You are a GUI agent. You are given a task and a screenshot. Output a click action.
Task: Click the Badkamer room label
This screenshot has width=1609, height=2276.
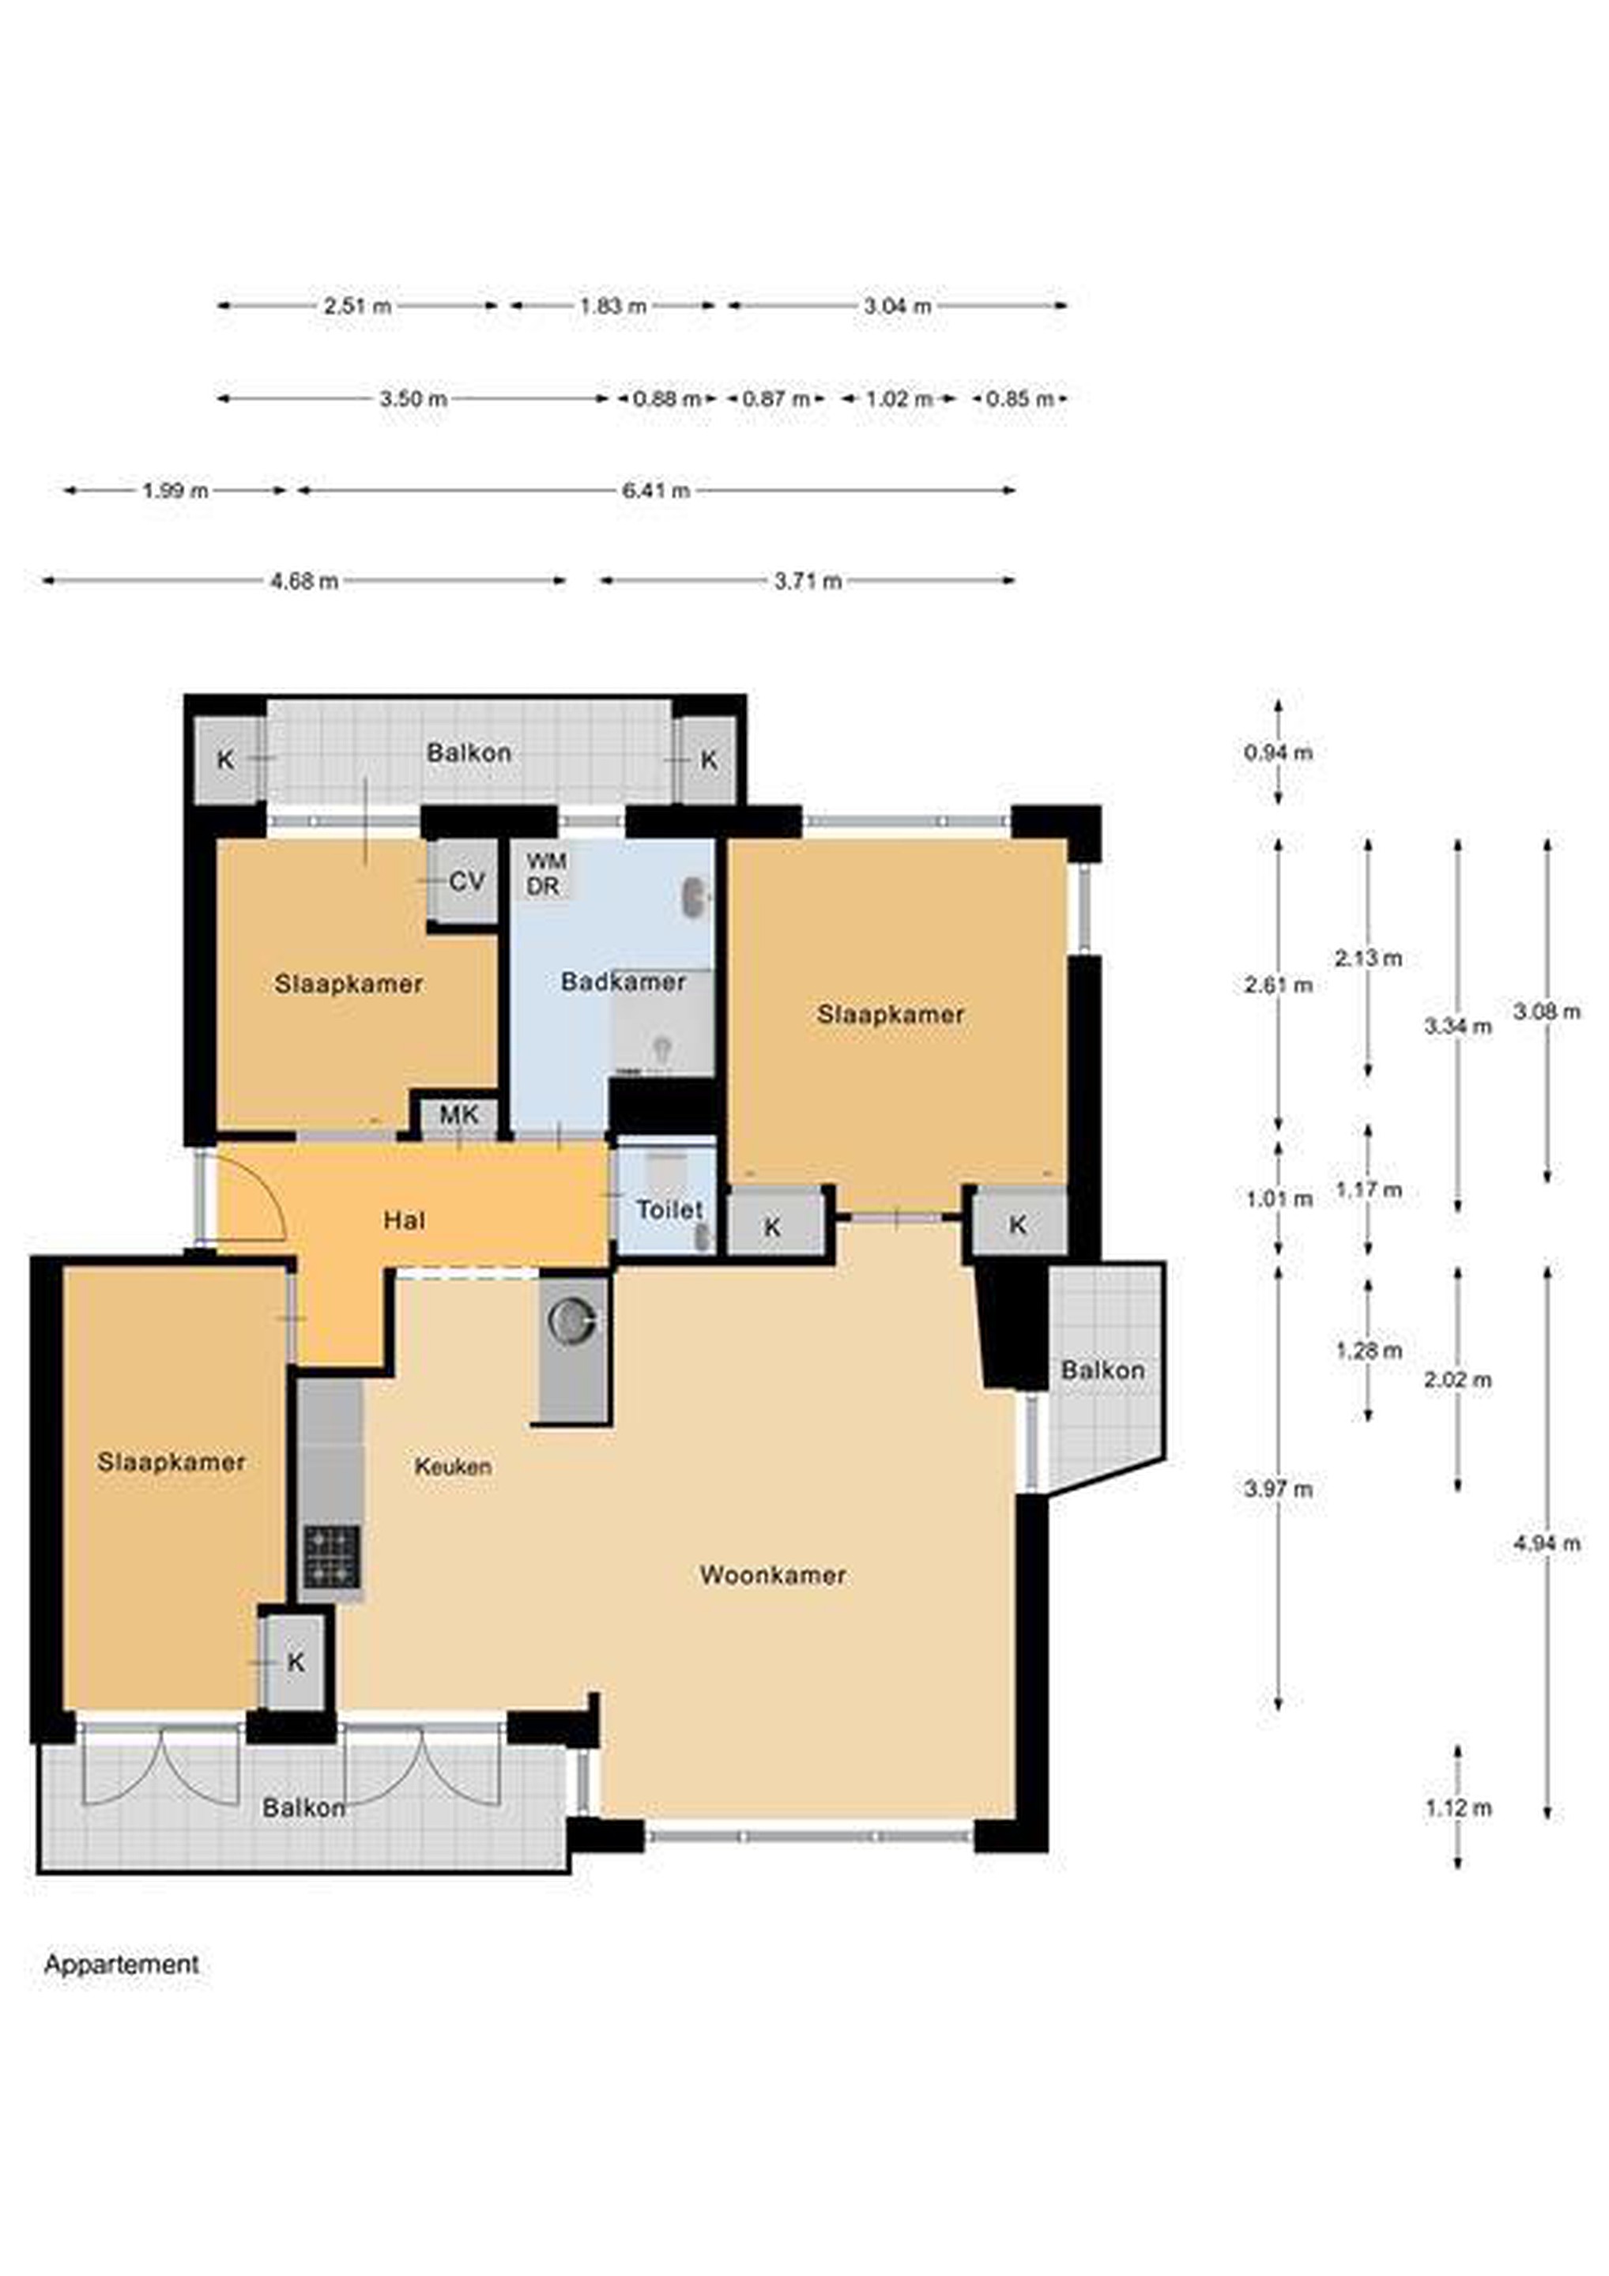pos(623,982)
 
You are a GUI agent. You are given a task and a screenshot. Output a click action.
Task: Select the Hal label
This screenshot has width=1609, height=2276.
pos(405,1219)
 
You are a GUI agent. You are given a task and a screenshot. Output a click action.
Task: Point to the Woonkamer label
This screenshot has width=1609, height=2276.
pos(772,1574)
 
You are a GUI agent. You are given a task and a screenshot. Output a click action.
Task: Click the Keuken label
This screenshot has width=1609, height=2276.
pos(453,1466)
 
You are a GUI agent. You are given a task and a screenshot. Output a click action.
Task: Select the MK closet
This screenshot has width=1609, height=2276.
pos(459,1115)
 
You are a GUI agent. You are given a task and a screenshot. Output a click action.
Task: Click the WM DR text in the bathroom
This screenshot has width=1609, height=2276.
pos(545,873)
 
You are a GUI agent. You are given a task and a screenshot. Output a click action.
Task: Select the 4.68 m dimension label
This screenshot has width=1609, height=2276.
pos(304,581)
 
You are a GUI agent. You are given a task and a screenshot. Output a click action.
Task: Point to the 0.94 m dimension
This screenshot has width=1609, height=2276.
pos(1278,752)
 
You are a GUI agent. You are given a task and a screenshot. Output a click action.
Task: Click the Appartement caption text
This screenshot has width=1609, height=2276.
pos(121,1964)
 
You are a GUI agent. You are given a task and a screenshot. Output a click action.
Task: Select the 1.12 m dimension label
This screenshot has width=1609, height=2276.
pos(1458,1808)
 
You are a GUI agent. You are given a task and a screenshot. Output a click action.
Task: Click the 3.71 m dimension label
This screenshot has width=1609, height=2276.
pos(808,581)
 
